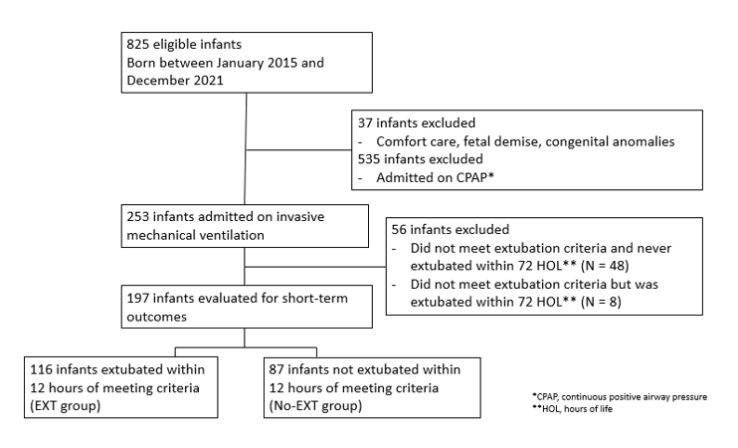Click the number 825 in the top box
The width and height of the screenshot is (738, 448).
138,44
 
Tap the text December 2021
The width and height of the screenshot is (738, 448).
175,81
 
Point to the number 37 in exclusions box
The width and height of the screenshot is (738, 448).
365,123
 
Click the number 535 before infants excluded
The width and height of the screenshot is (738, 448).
369,159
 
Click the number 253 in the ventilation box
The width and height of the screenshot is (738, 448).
138,217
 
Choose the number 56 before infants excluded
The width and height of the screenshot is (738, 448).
399,229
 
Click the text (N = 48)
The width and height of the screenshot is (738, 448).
605,266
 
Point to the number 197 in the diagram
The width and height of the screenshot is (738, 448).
138,299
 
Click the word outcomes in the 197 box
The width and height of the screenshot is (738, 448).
157,317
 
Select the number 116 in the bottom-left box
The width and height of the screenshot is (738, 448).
41,369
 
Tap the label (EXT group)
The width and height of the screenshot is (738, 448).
66,405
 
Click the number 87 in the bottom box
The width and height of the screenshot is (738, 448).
277,369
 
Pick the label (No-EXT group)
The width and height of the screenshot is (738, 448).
316,405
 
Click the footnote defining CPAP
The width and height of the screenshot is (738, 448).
620,396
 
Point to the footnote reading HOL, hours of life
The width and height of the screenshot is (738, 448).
572,409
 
